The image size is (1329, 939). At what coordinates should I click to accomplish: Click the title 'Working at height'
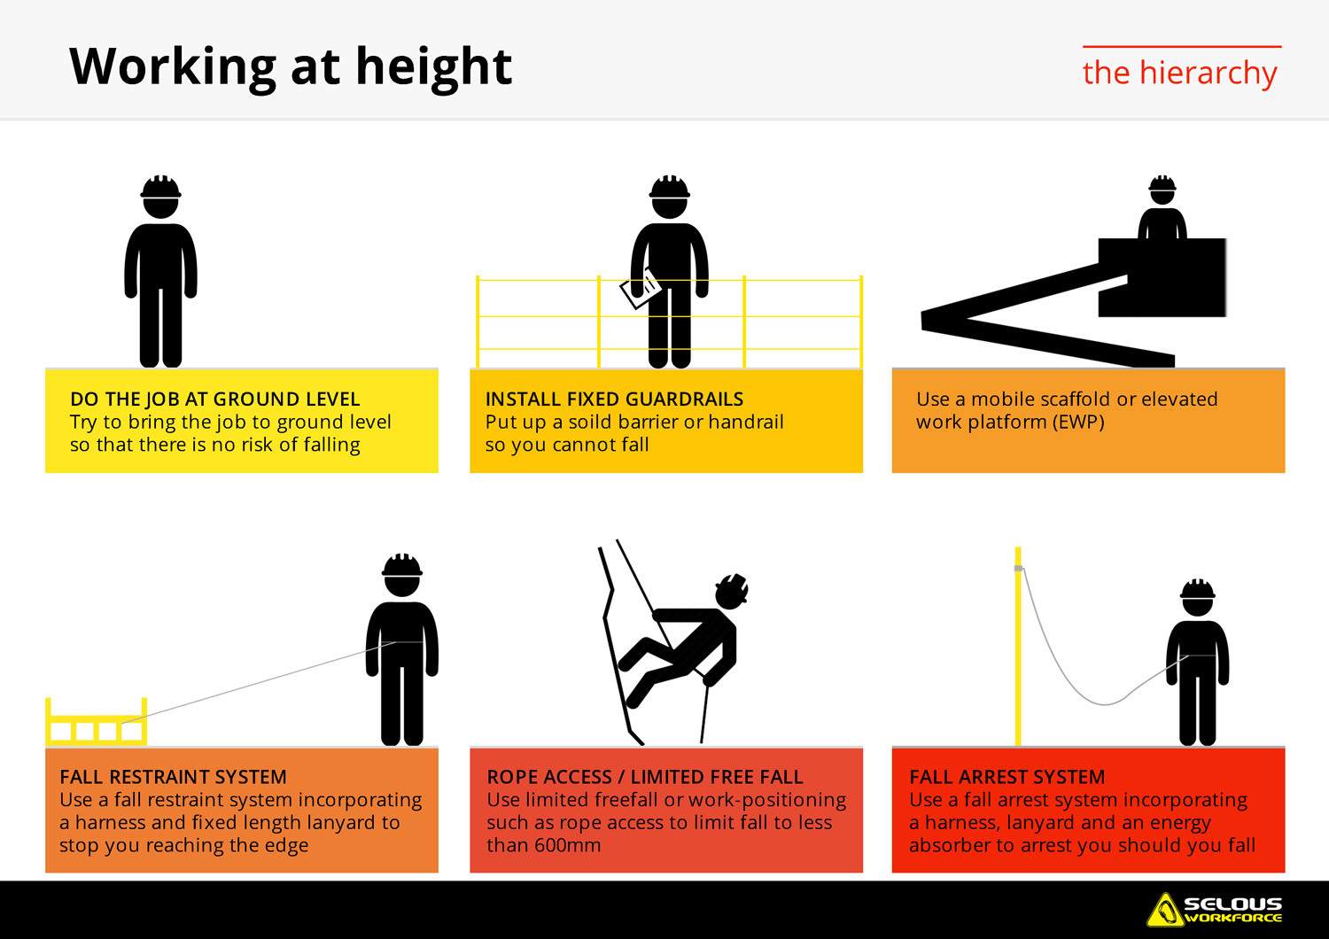point(291,67)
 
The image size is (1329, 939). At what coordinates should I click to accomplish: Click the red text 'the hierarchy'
point(1179,73)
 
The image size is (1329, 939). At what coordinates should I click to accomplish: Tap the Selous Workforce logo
point(1215,910)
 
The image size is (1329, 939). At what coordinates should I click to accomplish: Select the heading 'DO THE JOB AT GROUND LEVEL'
point(215,400)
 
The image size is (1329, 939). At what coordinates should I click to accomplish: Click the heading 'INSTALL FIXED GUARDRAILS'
point(614,400)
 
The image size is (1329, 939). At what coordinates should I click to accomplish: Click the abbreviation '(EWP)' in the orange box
point(1078,423)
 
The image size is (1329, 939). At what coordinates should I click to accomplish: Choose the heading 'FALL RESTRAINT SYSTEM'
point(173,777)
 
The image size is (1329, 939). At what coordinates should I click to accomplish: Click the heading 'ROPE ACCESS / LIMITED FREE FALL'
point(644,777)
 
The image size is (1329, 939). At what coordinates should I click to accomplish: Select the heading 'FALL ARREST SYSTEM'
point(1006,777)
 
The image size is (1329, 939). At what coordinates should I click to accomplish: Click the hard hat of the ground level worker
point(160,187)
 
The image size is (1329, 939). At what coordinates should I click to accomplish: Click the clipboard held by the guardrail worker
point(640,289)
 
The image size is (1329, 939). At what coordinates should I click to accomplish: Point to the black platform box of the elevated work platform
point(1162,277)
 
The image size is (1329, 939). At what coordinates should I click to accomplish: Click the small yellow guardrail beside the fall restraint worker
point(96,724)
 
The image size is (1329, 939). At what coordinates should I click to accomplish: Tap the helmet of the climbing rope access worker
point(734,587)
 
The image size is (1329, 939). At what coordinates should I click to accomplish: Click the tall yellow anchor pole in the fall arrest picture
point(1018,647)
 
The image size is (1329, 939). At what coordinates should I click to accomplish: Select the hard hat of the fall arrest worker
point(1197,590)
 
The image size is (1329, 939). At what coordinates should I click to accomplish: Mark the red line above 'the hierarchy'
point(1181,46)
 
